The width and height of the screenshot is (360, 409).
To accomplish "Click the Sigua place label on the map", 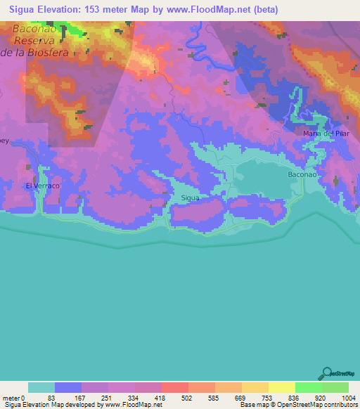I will coord(191,198).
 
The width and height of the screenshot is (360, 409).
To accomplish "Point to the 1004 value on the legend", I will coord(349,398).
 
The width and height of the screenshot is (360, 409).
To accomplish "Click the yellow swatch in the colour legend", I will coord(282,387).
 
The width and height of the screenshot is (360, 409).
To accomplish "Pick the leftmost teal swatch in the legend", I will coord(41,387).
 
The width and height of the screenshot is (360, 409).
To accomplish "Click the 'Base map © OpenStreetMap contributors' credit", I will coord(297,405).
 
